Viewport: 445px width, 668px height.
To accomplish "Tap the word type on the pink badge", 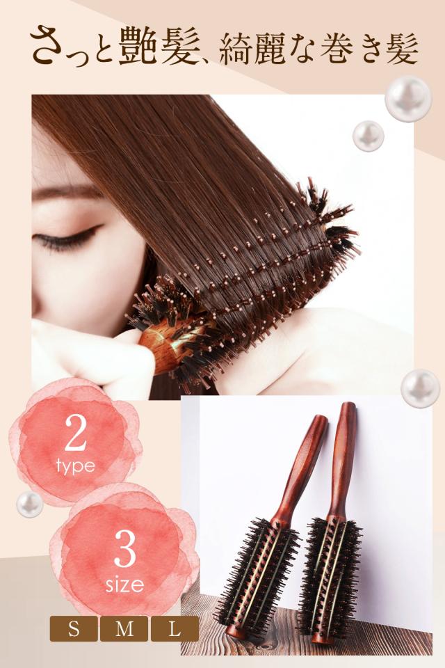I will pyautogui.click(x=76, y=466).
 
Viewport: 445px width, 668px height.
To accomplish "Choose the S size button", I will pyautogui.click(x=73, y=630).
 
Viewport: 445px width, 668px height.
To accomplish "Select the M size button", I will pyautogui.click(x=124, y=630).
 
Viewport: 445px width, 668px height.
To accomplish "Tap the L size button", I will pyautogui.click(x=174, y=630).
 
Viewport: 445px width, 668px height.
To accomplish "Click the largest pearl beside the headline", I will pyautogui.click(x=408, y=98).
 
